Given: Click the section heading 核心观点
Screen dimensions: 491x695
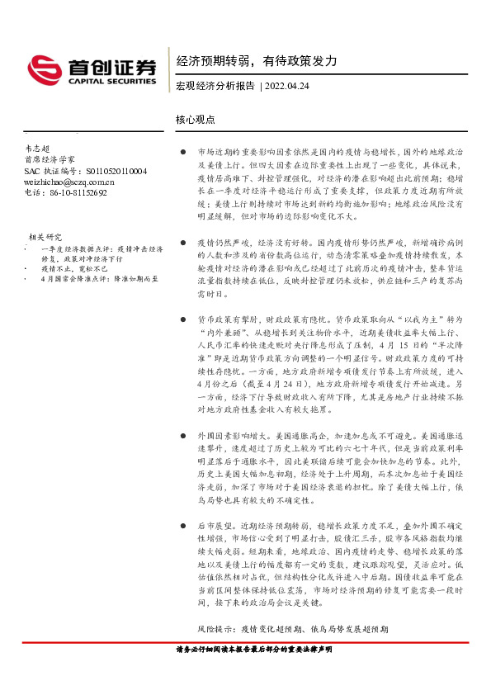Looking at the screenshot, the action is click(x=196, y=119).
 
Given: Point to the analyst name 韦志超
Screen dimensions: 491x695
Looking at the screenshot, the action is click(x=38, y=147).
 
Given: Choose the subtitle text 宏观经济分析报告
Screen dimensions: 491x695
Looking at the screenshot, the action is click(x=215, y=86).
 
